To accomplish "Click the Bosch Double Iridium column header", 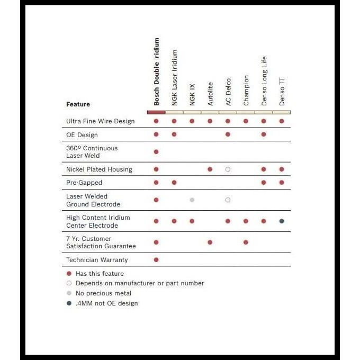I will pos(156,71).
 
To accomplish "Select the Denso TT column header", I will pos(282,92).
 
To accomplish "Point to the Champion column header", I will pos(246,90).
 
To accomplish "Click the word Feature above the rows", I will pos(78,104).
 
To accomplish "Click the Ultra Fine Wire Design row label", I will pos(100,121).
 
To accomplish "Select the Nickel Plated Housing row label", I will pos(99,169).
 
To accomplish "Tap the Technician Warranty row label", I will pos(97,260).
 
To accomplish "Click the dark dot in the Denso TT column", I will pos(282,221).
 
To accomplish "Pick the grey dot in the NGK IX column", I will pos(192,200).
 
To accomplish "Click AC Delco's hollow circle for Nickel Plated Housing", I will pos(228,169).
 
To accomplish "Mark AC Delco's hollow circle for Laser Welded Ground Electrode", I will pos(228,200).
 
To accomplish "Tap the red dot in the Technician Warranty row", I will pos(156,260).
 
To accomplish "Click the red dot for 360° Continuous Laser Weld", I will pos(156,152).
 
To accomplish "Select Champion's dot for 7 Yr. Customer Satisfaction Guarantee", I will pos(246,242).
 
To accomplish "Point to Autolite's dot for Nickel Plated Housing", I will pos(210,169).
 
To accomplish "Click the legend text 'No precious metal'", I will pos(103,293).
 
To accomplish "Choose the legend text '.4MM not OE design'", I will pos(106,303).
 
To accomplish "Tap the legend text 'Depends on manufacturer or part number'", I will pos(140,283).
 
